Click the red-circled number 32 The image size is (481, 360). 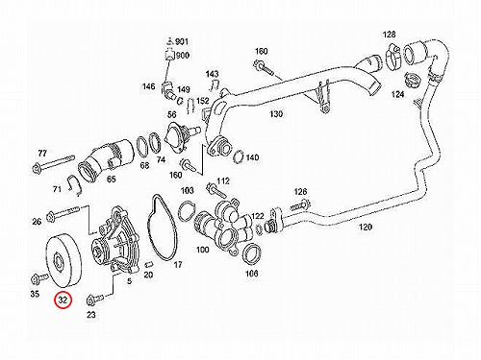click(x=63, y=300)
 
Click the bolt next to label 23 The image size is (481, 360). click(x=95, y=300)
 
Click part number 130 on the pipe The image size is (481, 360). click(x=276, y=114)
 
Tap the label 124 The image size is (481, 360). click(x=397, y=94)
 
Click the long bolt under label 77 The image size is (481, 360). click(x=53, y=162)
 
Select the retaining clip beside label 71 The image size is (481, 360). click(x=76, y=185)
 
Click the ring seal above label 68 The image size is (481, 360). click(x=142, y=147)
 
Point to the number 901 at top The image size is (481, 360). click(x=182, y=41)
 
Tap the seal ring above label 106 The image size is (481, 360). click(x=252, y=254)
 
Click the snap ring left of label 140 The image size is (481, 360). click(x=239, y=156)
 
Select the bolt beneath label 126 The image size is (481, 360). click(x=301, y=205)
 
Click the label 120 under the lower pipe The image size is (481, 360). click(x=366, y=227)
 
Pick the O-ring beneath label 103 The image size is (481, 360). click(x=187, y=210)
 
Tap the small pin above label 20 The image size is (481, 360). click(x=148, y=264)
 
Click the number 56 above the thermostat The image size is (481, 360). click(x=172, y=114)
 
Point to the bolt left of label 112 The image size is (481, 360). click(x=217, y=190)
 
